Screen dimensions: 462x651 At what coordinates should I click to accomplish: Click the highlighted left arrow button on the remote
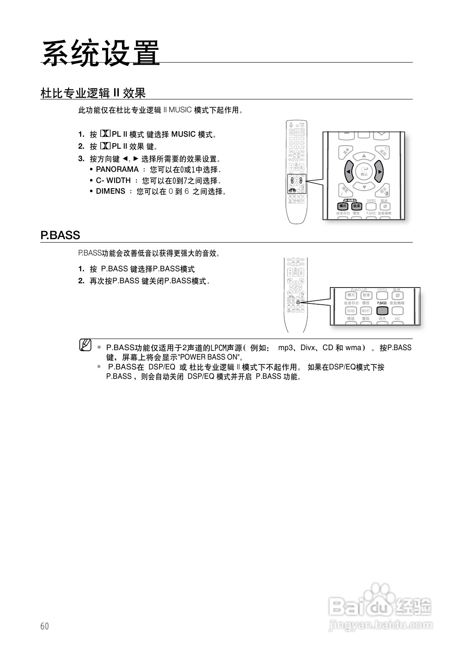pyautogui.click(x=348, y=172)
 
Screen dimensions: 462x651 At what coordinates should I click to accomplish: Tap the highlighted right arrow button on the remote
pyautogui.click(x=379, y=172)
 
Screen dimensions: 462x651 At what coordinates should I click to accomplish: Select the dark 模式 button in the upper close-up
pyautogui.click(x=343, y=206)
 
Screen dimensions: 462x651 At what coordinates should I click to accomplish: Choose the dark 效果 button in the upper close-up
pyautogui.click(x=357, y=206)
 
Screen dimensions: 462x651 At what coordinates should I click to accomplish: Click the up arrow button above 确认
pyautogui.click(x=364, y=156)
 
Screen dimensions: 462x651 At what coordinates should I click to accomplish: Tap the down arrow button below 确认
pyautogui.click(x=364, y=187)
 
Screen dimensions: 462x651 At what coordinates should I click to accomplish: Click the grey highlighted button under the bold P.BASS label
pyautogui.click(x=382, y=311)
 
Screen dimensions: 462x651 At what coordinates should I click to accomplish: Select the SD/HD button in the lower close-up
pyautogui.click(x=351, y=311)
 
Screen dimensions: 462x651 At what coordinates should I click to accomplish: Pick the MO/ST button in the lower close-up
pyautogui.click(x=366, y=311)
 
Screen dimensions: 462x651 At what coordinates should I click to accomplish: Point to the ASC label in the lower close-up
pyautogui.click(x=397, y=319)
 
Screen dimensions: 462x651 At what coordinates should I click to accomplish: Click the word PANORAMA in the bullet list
pyautogui.click(x=117, y=169)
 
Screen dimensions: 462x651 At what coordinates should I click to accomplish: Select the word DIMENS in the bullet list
pyautogui.click(x=110, y=191)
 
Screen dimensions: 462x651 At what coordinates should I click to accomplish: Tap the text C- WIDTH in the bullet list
pyautogui.click(x=113, y=180)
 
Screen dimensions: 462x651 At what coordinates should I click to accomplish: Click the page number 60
pyautogui.click(x=45, y=626)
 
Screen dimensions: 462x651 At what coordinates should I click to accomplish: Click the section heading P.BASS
pyautogui.click(x=60, y=235)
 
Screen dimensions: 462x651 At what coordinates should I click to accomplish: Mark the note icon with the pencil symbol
pyautogui.click(x=85, y=345)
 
